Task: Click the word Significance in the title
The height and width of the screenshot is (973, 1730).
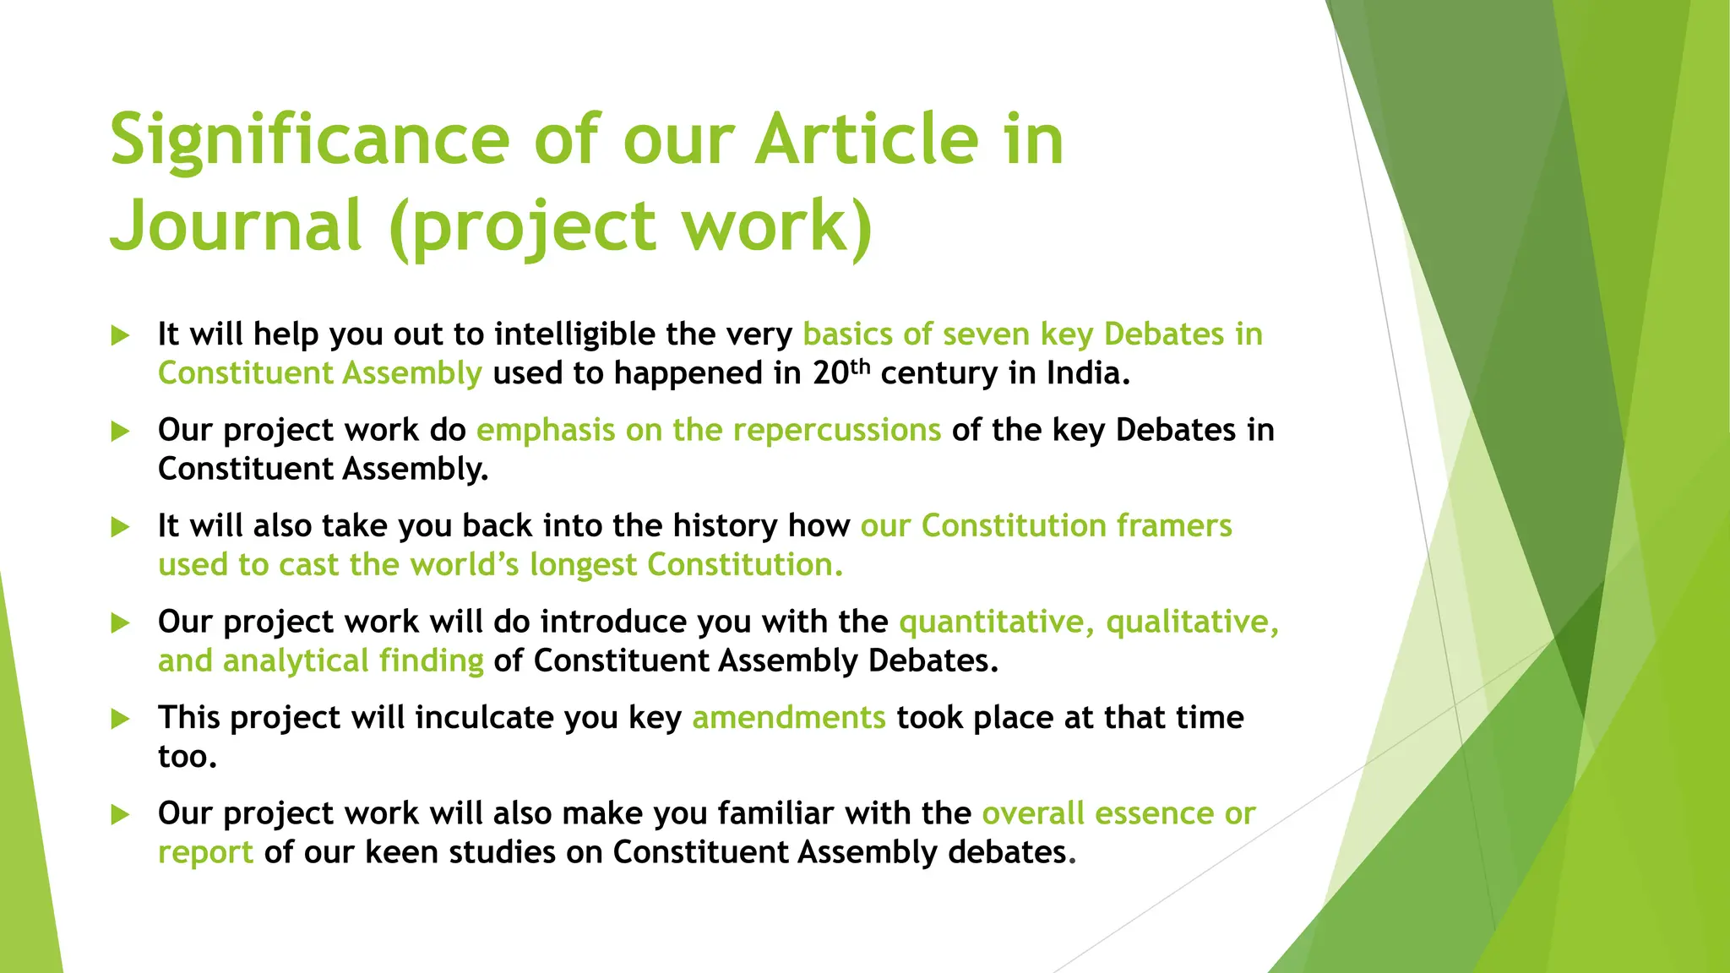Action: (309, 140)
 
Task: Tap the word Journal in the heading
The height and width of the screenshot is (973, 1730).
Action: (237, 226)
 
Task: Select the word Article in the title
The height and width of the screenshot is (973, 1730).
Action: (867, 140)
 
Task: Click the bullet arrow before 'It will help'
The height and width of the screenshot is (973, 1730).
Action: (121, 335)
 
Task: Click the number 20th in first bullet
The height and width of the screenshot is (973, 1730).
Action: (841, 372)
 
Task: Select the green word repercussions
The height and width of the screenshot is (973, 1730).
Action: (836, 430)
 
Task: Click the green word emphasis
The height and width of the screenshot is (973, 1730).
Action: (546, 430)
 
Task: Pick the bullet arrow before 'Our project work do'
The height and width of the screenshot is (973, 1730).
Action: (121, 432)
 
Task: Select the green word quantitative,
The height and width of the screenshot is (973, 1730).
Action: (997, 622)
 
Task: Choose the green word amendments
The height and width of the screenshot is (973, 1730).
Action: (788, 717)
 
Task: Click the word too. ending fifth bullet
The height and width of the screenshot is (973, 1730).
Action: (188, 756)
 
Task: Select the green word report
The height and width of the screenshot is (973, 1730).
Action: (205, 852)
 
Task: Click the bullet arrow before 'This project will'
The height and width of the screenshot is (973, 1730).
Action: (121, 719)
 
